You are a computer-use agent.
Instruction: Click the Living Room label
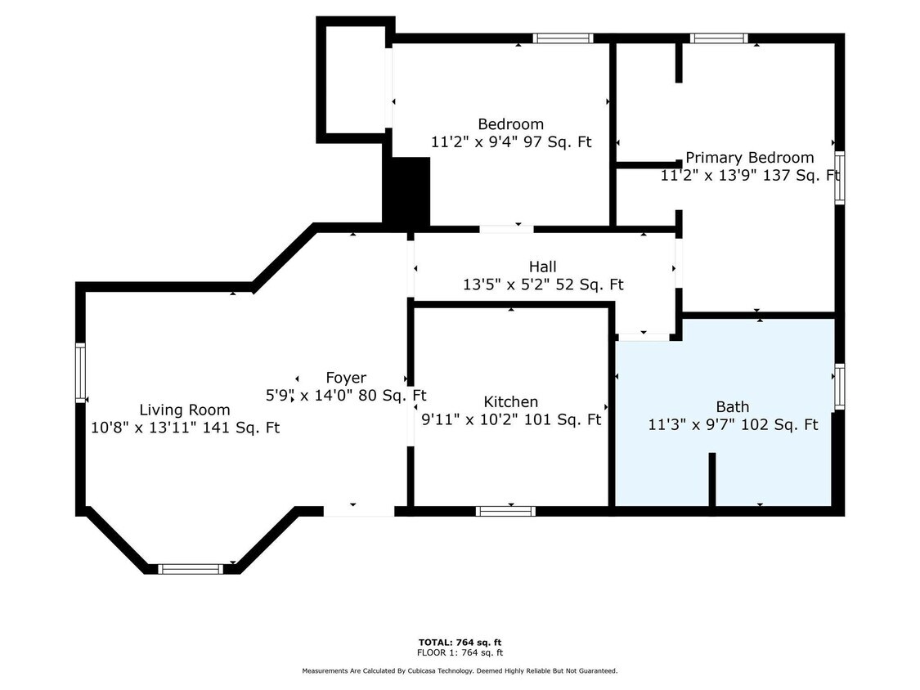[x=184, y=410]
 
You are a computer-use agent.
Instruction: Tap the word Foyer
[x=346, y=377]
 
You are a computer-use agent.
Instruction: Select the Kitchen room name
[x=510, y=402]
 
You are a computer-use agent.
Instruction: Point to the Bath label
[x=732, y=406]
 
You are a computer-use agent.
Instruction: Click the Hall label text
[x=543, y=267]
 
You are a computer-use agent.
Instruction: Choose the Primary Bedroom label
[x=750, y=157]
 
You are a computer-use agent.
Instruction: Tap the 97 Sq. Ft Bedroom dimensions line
[x=511, y=142]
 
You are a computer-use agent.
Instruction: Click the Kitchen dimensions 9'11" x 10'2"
[x=511, y=419]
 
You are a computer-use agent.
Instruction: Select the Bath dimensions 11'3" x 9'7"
[x=733, y=424]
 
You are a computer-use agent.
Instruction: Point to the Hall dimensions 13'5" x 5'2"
[x=543, y=285]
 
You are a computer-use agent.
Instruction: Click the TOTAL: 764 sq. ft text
[x=460, y=643]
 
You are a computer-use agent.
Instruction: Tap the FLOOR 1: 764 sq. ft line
[x=460, y=652]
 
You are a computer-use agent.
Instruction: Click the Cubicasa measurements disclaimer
[x=460, y=670]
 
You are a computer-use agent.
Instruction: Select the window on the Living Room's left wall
[x=80, y=373]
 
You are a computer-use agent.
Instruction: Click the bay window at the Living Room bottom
[x=191, y=568]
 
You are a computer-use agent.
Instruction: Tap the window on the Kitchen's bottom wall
[x=505, y=511]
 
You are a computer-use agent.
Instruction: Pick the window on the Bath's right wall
[x=840, y=387]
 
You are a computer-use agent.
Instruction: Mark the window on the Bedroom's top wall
[x=563, y=38]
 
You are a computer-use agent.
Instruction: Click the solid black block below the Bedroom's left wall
[x=406, y=190]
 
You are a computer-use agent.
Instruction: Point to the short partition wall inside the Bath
[x=712, y=479]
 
